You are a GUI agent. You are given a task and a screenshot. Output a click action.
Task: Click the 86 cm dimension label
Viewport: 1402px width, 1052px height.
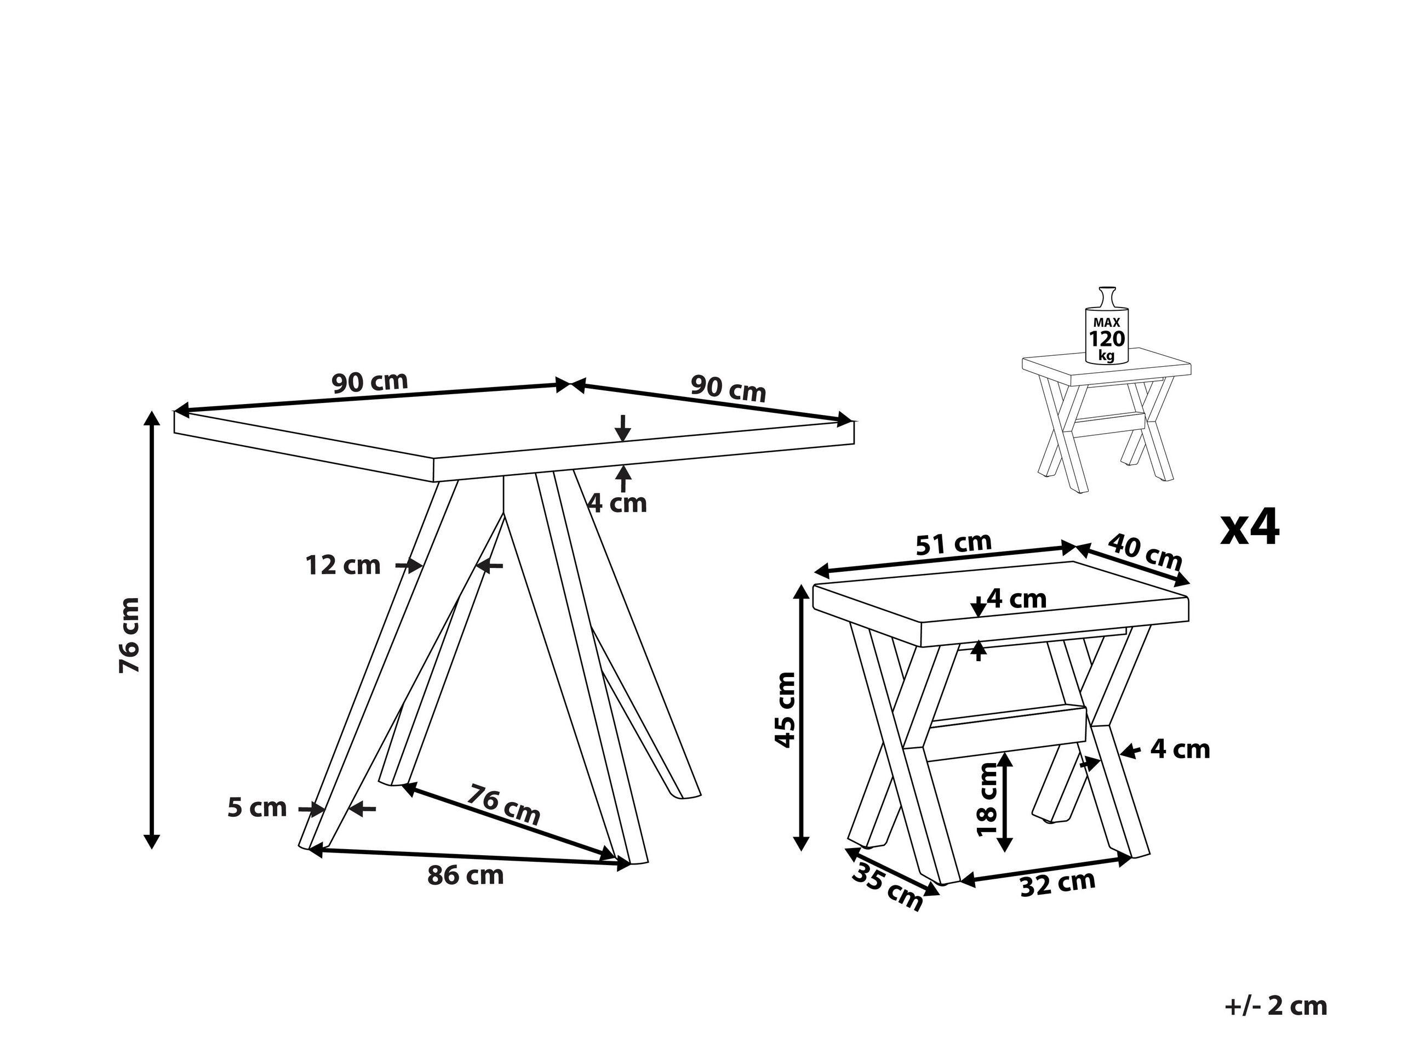pyautogui.click(x=465, y=875)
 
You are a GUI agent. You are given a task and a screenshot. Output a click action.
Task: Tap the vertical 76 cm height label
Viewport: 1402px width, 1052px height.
pyautogui.click(x=129, y=635)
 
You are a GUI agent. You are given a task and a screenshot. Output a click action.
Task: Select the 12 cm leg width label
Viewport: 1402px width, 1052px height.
pyautogui.click(x=343, y=565)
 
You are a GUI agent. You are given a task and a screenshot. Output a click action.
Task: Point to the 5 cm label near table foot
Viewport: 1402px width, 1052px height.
pyautogui.click(x=257, y=808)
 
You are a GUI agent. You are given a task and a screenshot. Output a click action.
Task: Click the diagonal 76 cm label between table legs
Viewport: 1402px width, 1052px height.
pyautogui.click(x=504, y=805)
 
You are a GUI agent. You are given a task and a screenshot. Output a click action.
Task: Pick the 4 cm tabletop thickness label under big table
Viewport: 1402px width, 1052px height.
pyautogui.click(x=617, y=503)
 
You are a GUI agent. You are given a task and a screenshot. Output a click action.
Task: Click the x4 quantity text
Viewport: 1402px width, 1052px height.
pyautogui.click(x=1250, y=527)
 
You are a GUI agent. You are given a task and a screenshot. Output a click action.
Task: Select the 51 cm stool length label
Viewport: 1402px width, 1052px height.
pyautogui.click(x=954, y=543)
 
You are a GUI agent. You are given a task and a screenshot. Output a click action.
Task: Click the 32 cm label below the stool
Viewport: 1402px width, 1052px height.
pyautogui.click(x=1057, y=883)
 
